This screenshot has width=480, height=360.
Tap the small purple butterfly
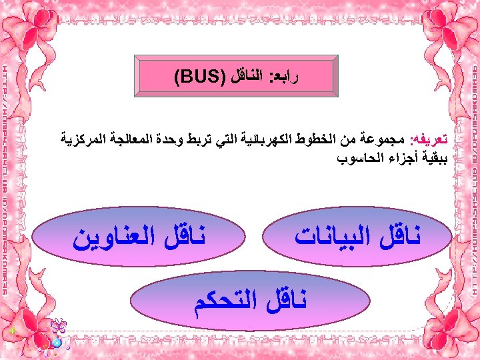tap(59, 326)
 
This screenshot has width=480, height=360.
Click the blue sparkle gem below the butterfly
tap(57, 342)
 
